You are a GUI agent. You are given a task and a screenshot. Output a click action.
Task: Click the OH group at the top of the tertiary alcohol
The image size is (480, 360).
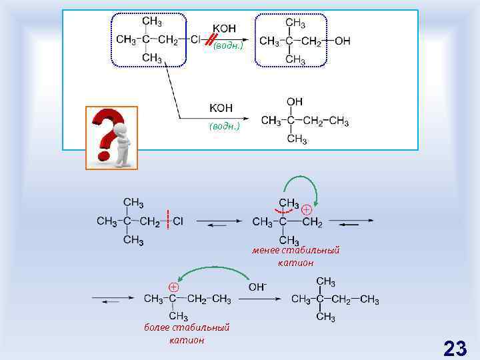point(294,102)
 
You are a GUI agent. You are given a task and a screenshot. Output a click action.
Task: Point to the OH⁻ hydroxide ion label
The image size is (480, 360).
point(257,287)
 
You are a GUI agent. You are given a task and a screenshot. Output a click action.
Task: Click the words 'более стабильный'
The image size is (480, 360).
point(187,327)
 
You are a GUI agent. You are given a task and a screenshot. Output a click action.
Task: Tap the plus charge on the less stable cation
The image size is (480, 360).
point(306,209)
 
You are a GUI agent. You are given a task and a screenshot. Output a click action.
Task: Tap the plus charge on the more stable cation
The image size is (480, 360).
point(173,287)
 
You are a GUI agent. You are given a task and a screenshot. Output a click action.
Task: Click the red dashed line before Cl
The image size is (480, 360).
point(169,221)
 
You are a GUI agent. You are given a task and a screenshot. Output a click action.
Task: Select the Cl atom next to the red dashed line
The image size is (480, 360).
point(178,221)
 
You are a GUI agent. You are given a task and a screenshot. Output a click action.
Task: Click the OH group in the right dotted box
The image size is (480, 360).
point(343,41)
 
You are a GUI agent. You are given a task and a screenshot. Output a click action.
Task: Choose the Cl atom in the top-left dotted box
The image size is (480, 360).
point(195,40)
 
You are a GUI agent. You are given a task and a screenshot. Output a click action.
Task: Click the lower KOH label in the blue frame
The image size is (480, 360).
point(221,107)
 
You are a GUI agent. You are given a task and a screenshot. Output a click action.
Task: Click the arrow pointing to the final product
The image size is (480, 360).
point(271,299)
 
